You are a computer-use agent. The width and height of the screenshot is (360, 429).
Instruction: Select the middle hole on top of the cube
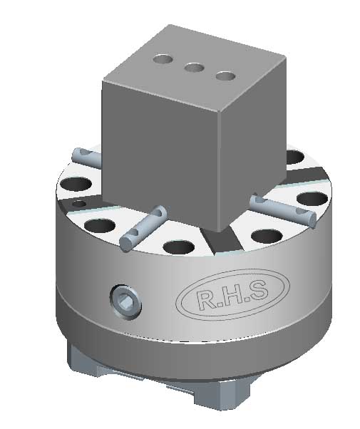coord(192,68)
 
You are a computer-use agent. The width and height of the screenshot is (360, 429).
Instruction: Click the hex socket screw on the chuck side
coord(125,303)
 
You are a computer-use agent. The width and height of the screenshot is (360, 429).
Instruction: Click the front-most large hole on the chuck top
coord(178,248)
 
